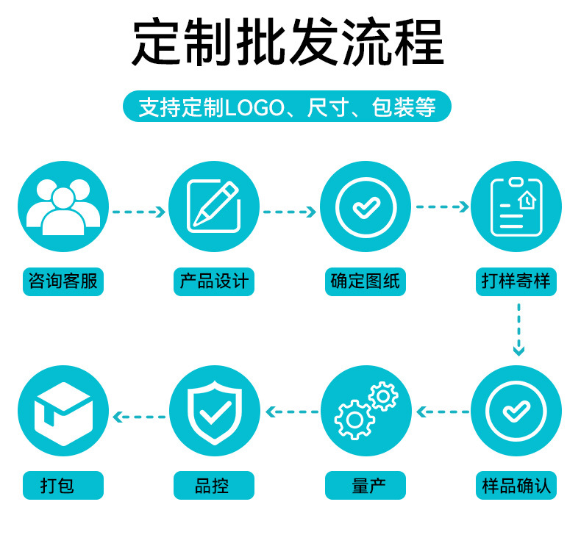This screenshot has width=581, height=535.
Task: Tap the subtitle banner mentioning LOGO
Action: (x=287, y=107)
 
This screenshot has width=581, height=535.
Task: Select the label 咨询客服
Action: (x=63, y=281)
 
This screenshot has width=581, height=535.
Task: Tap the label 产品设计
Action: (x=214, y=281)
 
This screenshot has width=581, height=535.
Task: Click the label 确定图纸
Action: (x=366, y=281)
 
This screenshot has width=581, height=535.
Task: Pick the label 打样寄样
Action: (x=516, y=281)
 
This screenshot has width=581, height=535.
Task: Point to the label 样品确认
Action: (x=516, y=486)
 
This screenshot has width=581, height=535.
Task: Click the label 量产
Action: (x=366, y=486)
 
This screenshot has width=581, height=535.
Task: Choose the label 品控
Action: (x=214, y=486)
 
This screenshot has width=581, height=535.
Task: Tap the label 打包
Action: (x=63, y=486)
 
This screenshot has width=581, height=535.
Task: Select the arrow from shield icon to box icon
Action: (x=138, y=416)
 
